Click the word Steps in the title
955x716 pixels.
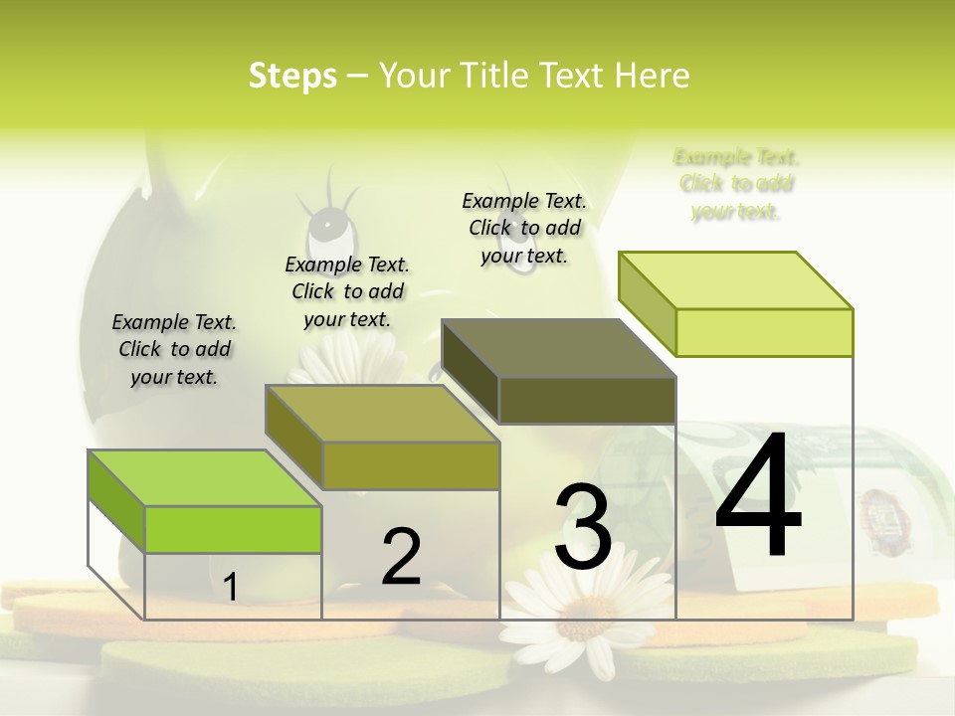tap(292, 76)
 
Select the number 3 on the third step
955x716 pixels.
tap(583, 527)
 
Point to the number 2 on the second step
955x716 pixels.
tap(402, 557)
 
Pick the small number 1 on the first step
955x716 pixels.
tap(230, 587)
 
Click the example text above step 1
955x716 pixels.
tap(174, 349)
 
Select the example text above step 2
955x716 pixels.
tap(347, 291)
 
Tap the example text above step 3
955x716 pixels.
tap(524, 228)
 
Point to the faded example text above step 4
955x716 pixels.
tap(736, 184)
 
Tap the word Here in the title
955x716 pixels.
tap(653, 76)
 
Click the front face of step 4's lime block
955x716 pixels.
tap(764, 332)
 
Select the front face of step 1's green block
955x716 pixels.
tap(233, 529)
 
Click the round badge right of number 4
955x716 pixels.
tap(879, 507)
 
